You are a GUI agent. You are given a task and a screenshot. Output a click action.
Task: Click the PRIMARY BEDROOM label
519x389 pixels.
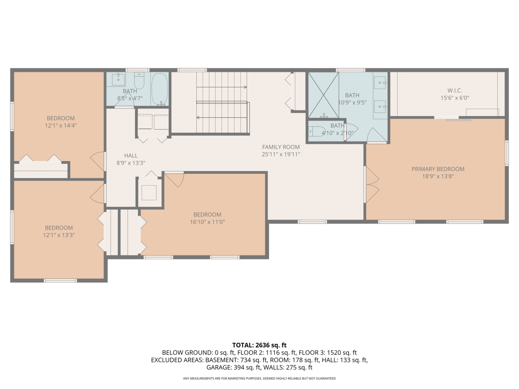(x=438, y=169)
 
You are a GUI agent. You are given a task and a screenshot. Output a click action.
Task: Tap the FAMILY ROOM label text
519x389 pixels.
(x=281, y=147)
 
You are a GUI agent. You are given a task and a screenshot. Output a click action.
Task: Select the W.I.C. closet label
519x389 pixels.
(x=455, y=90)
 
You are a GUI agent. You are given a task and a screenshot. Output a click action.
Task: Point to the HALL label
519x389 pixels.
(x=131, y=156)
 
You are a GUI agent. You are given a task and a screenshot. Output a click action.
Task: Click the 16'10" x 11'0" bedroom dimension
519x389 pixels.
(x=207, y=222)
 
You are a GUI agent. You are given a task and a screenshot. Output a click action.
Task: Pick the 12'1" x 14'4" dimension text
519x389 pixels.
(x=61, y=125)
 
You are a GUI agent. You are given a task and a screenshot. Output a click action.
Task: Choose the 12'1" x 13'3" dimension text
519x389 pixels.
(x=59, y=235)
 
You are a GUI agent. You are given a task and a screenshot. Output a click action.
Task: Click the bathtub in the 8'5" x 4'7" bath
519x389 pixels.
(x=160, y=89)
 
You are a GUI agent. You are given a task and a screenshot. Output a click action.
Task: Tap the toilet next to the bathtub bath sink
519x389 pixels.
(x=139, y=80)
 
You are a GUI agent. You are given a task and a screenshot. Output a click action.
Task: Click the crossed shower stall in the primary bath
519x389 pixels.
(x=323, y=95)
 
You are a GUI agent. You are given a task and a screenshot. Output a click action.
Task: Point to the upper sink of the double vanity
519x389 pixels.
(x=380, y=83)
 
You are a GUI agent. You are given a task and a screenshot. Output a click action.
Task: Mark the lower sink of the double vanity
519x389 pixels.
(x=380, y=107)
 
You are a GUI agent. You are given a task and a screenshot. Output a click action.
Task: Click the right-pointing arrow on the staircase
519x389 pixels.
(x=222, y=87)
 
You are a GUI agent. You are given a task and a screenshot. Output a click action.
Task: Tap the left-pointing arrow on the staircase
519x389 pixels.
(x=222, y=118)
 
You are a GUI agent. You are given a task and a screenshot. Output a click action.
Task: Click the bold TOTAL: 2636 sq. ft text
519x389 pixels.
(x=259, y=345)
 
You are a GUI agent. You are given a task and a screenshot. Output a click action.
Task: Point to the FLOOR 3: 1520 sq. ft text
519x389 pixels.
(x=328, y=353)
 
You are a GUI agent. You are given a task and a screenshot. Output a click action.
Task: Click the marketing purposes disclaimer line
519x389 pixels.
(x=259, y=378)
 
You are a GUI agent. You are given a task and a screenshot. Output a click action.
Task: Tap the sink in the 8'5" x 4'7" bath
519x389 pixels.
(x=119, y=79)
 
